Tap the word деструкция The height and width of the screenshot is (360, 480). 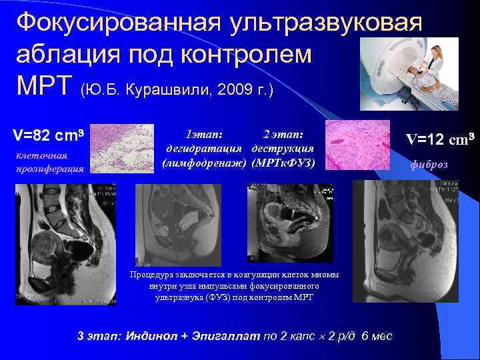click(x=283, y=148)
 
